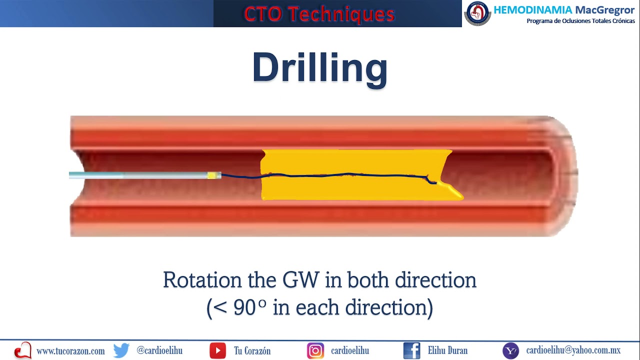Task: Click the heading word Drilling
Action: point(320,68)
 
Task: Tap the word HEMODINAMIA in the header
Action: point(532,9)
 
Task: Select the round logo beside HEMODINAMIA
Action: point(477,13)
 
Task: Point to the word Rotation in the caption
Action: point(202,280)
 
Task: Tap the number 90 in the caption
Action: point(245,307)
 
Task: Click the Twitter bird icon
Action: point(121,350)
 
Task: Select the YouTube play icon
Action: point(217,350)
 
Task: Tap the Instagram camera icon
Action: point(315,350)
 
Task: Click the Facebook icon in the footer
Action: point(411,350)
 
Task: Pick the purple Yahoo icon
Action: point(510,350)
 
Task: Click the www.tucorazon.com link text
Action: point(70,351)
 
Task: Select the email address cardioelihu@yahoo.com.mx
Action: point(573,350)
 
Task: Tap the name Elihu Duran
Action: point(447,350)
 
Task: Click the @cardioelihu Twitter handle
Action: point(159,350)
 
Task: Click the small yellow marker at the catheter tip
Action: point(214,175)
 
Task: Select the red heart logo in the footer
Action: point(23,350)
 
